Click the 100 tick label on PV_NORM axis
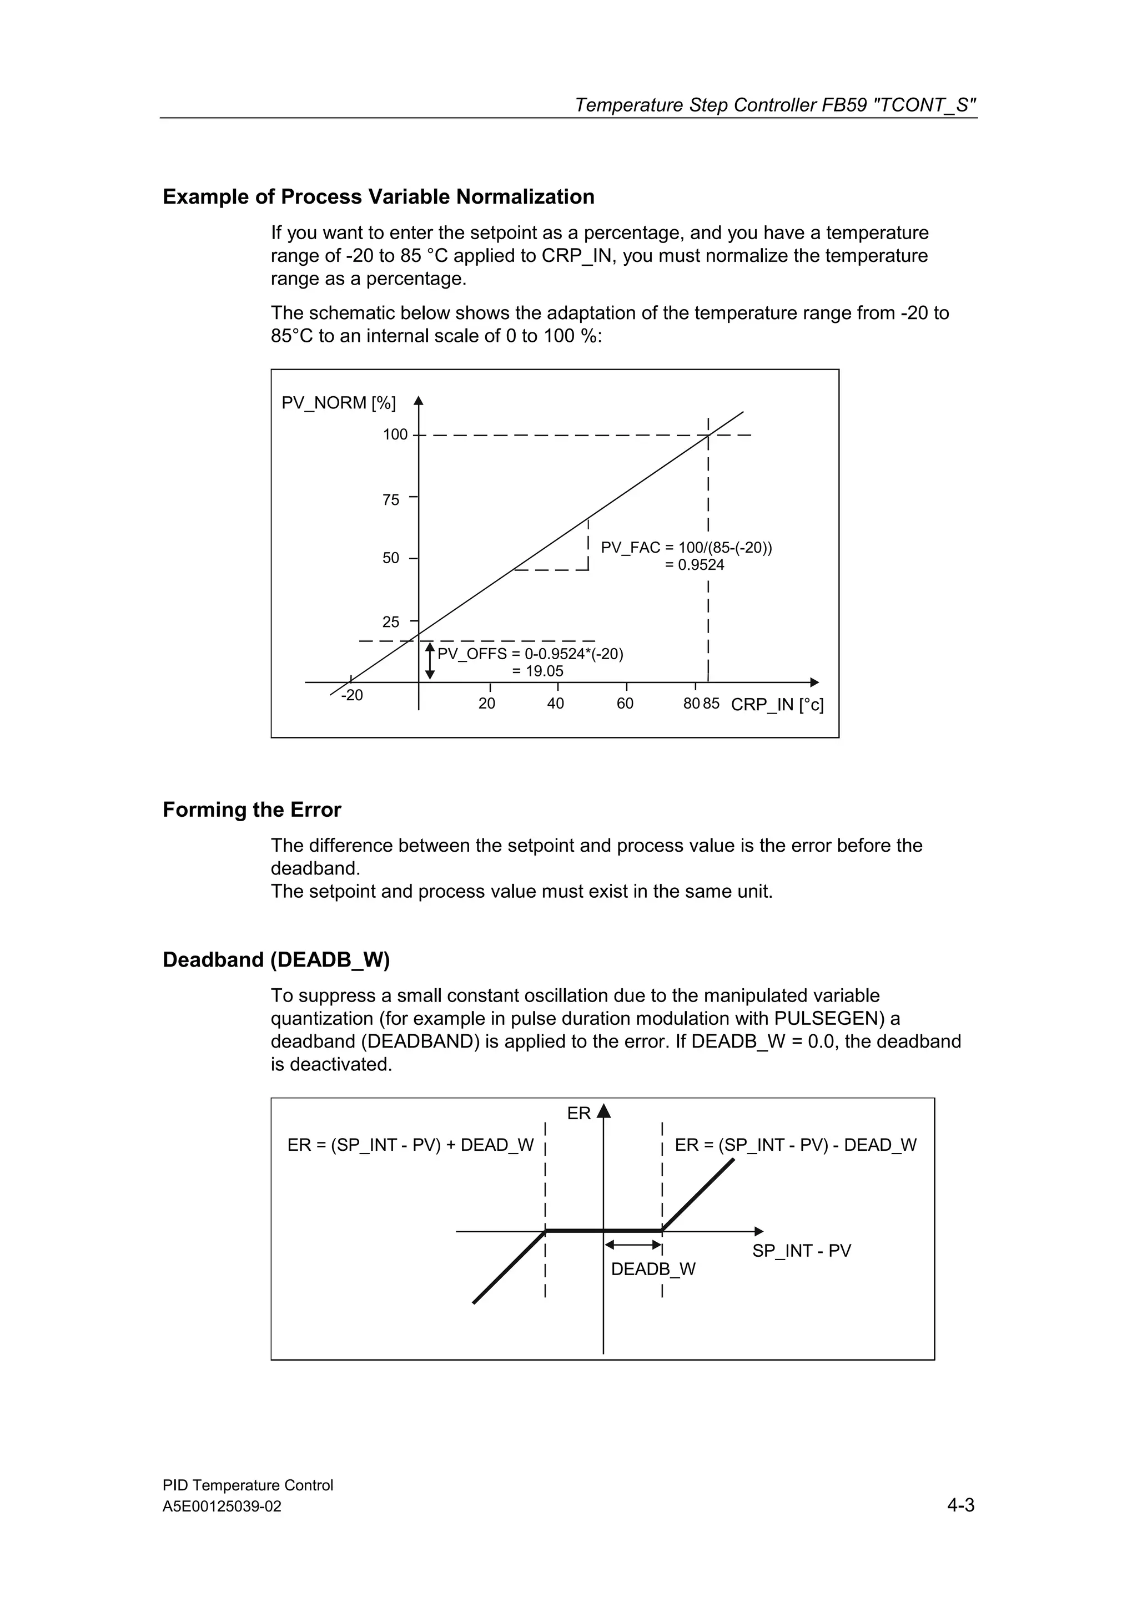(x=394, y=434)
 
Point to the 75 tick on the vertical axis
(x=391, y=499)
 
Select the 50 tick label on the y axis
(x=391, y=558)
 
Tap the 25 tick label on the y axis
(x=391, y=622)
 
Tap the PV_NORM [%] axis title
(x=338, y=403)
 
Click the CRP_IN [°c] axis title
(x=777, y=705)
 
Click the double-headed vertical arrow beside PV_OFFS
(x=430, y=661)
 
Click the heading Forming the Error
(x=251, y=810)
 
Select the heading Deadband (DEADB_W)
(x=276, y=959)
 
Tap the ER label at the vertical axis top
(x=578, y=1114)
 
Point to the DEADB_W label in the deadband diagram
(x=653, y=1269)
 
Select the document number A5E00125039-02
(x=222, y=1506)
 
